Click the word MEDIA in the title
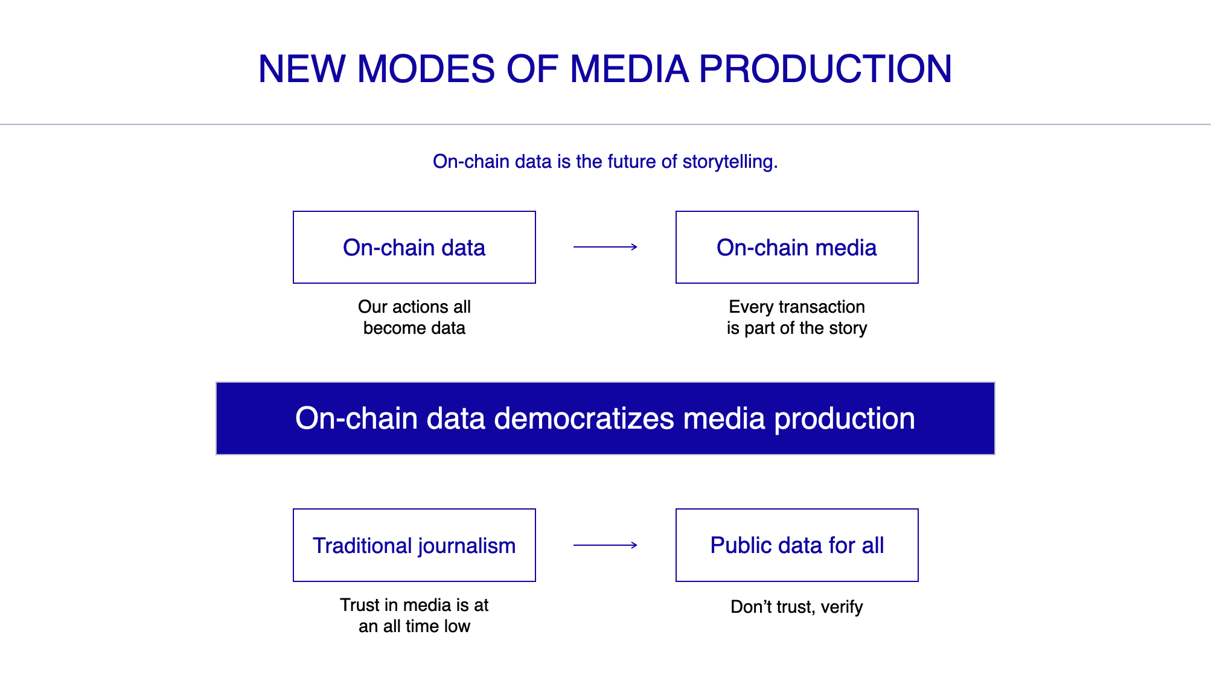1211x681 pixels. [x=629, y=68]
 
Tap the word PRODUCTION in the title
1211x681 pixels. [x=825, y=68]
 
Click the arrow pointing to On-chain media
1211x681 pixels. [x=605, y=246]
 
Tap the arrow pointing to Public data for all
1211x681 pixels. [x=605, y=545]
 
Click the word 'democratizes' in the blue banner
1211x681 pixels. [x=584, y=418]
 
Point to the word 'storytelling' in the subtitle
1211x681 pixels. [x=728, y=162]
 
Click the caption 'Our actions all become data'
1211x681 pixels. [x=414, y=317]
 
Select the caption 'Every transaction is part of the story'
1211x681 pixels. [x=797, y=317]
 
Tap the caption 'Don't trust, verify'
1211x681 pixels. [x=797, y=606]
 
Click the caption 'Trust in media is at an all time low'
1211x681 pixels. [x=414, y=615]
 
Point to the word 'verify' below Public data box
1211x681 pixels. [x=842, y=607]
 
